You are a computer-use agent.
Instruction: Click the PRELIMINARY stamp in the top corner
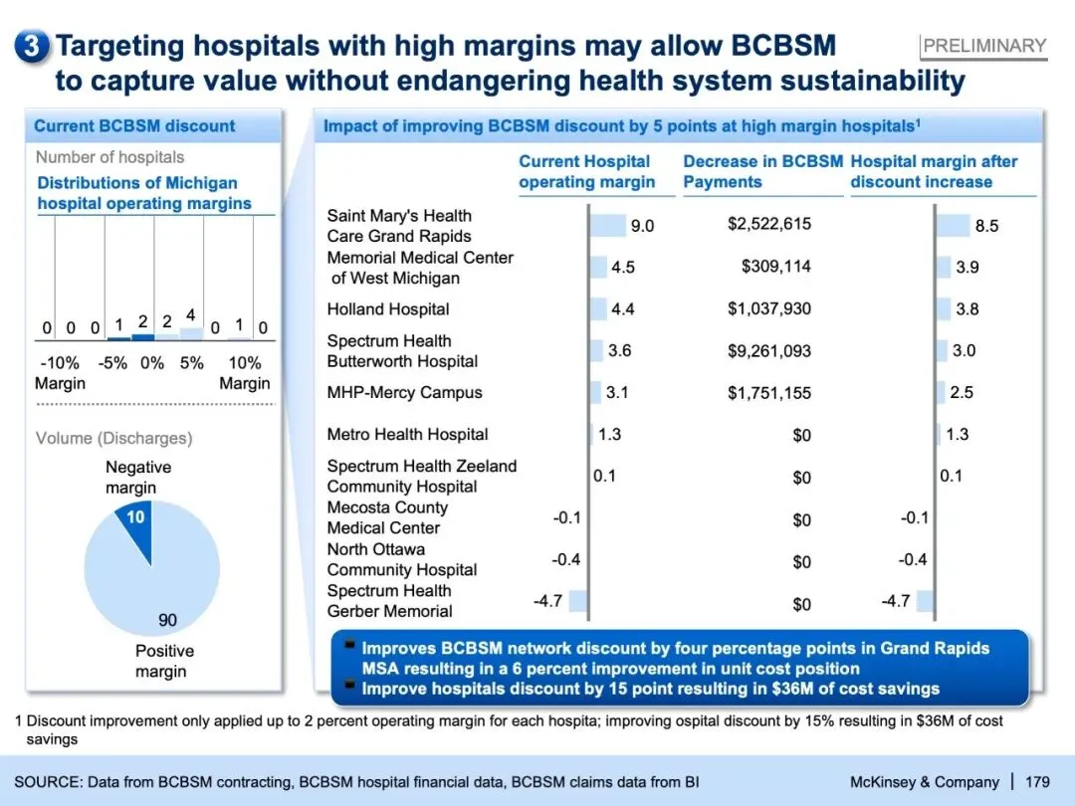pyautogui.click(x=983, y=46)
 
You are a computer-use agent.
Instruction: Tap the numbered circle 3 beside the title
pyautogui.click(x=33, y=47)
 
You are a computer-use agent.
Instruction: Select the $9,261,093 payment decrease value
pyautogui.click(x=768, y=351)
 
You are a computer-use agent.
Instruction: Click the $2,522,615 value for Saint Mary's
pyautogui.click(x=768, y=224)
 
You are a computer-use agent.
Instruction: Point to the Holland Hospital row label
pyautogui.click(x=388, y=309)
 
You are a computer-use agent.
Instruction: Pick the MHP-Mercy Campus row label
pyautogui.click(x=404, y=393)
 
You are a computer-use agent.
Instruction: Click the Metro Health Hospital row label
pyautogui.click(x=407, y=435)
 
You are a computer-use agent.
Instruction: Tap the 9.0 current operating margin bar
pyautogui.click(x=608, y=225)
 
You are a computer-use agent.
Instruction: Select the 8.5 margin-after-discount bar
pyautogui.click(x=954, y=225)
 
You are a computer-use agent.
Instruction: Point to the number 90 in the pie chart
pyautogui.click(x=167, y=620)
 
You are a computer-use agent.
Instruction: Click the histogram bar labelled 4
pyautogui.click(x=190, y=334)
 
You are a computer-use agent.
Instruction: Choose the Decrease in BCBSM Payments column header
pyautogui.click(x=762, y=172)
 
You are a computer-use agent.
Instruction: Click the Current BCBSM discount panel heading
pyautogui.click(x=134, y=126)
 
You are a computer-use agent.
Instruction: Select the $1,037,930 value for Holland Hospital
pyautogui.click(x=768, y=309)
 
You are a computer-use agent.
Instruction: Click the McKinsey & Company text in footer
pyautogui.click(x=924, y=782)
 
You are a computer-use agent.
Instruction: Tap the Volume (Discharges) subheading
pyautogui.click(x=114, y=438)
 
